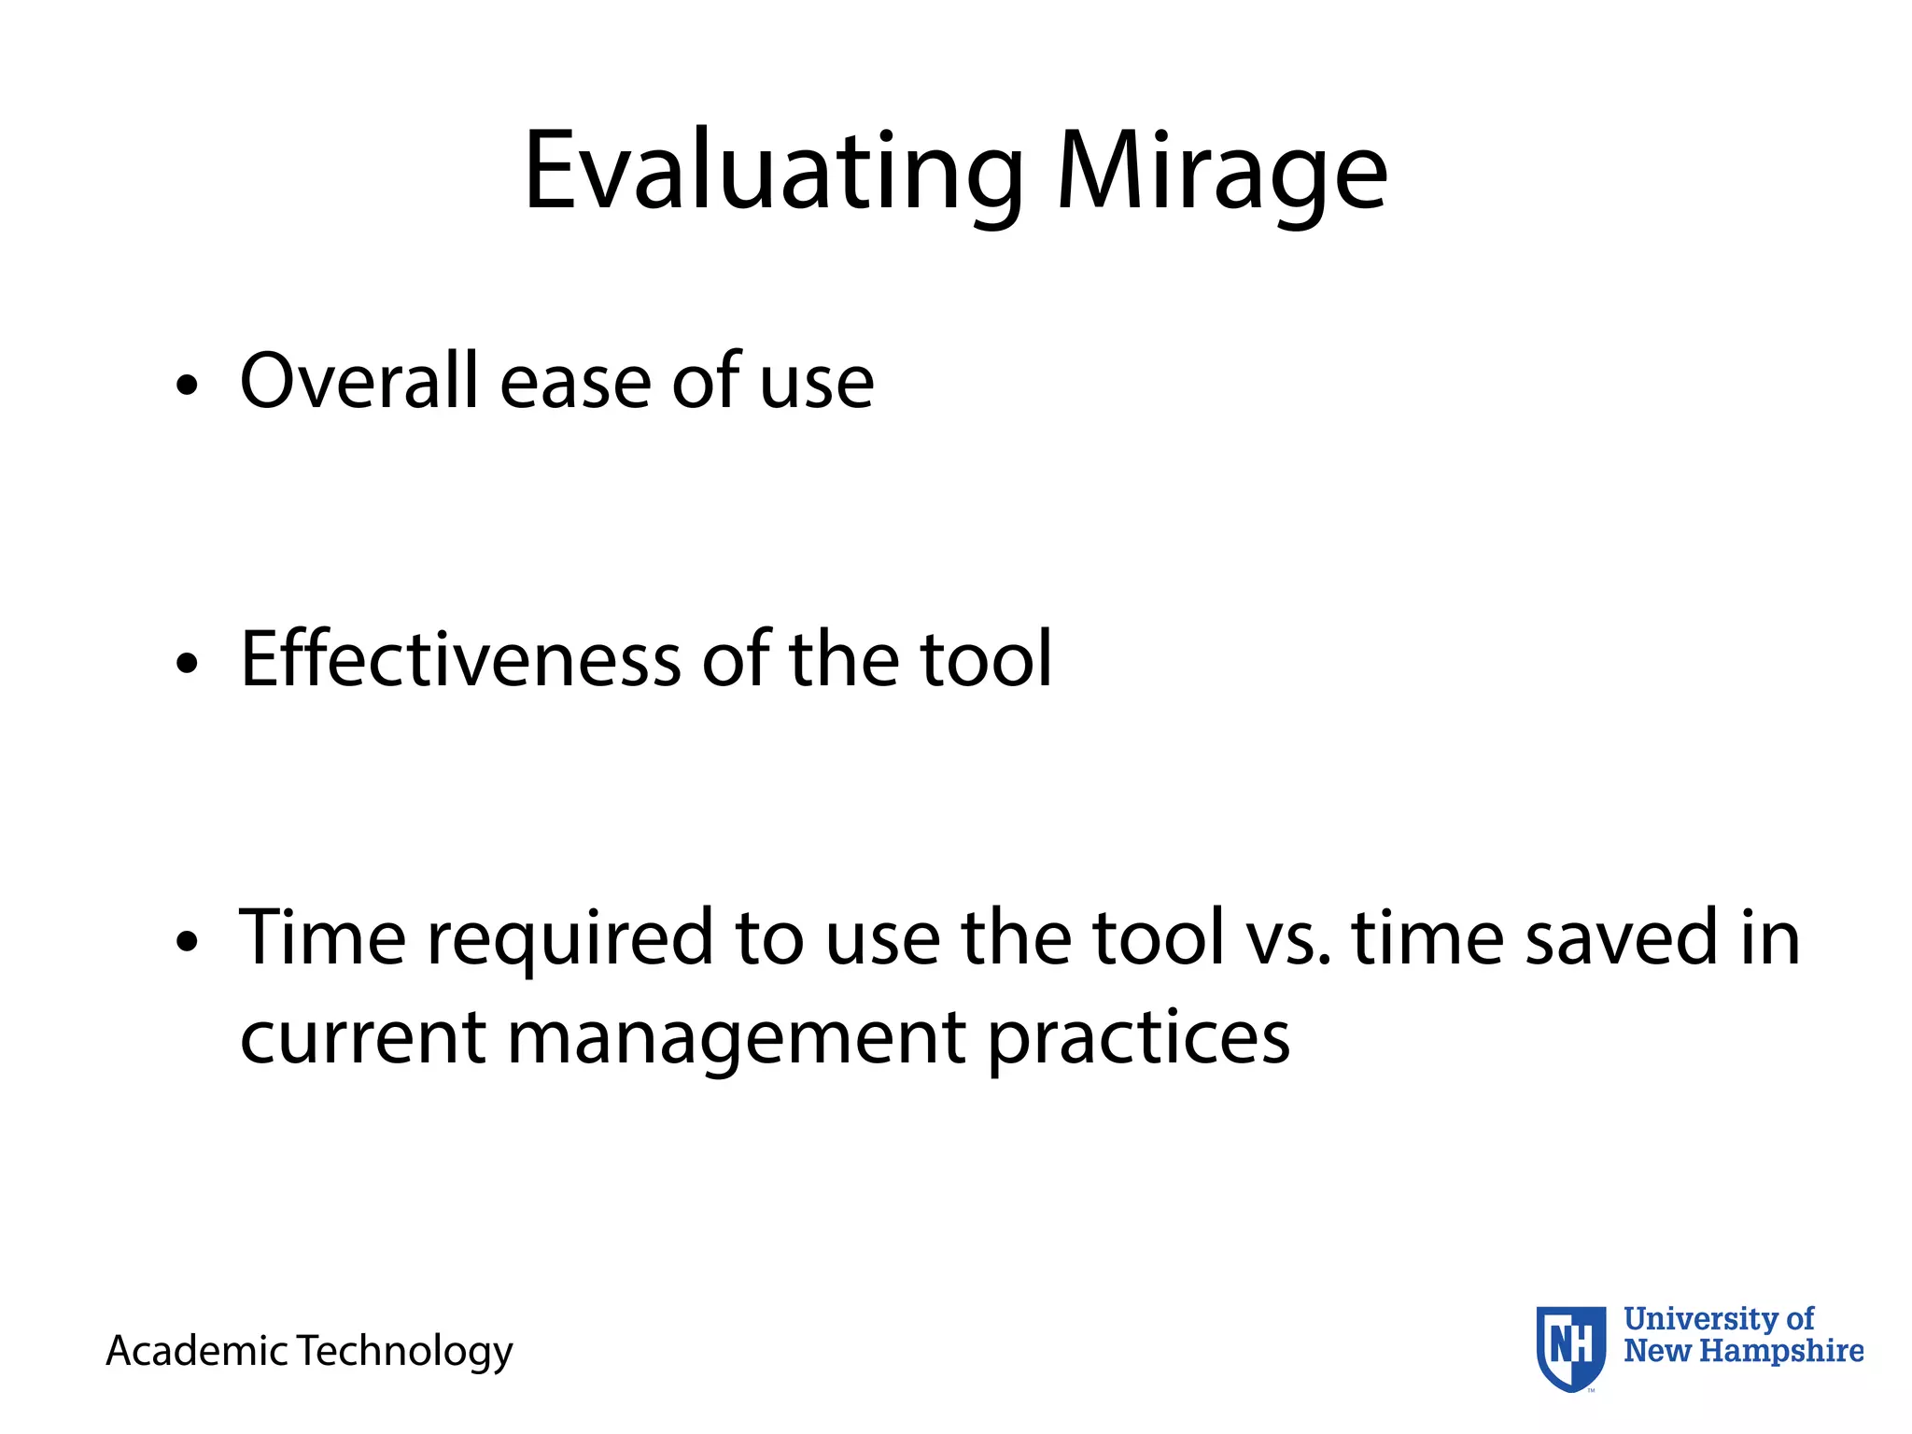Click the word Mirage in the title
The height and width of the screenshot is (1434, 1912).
click(x=1221, y=173)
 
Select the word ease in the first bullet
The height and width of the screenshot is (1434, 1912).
click(x=575, y=383)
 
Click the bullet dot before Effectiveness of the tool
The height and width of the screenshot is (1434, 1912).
click(x=188, y=663)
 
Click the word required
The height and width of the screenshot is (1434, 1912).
click(x=569, y=938)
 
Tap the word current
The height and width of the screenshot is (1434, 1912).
click(x=362, y=1038)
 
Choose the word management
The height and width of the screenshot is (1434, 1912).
click(x=736, y=1038)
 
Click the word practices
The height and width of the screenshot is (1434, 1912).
click(x=1139, y=1038)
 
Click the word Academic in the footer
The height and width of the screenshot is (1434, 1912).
click(x=196, y=1351)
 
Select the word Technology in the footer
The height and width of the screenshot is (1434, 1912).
click(x=405, y=1351)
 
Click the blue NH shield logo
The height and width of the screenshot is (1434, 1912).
click(x=1571, y=1347)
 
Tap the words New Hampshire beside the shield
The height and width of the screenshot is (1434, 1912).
click(x=1743, y=1351)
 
